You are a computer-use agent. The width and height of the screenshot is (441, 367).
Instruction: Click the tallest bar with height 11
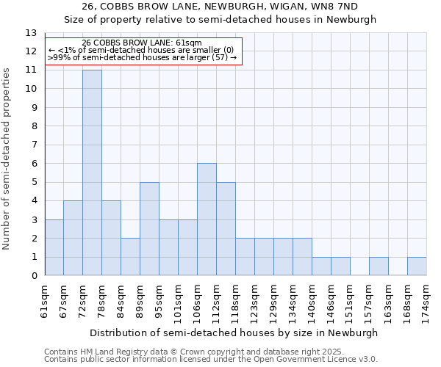point(92,172)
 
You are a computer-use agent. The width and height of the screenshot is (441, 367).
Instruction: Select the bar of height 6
point(207,219)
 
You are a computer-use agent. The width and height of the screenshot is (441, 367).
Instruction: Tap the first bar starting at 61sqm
point(54,247)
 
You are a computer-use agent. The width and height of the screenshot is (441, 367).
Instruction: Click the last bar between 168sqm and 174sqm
point(417,266)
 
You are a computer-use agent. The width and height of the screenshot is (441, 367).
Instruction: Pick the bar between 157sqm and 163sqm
point(379,266)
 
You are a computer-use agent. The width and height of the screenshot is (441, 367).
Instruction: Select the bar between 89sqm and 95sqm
point(149,229)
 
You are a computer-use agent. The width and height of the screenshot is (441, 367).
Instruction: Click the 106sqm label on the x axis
point(198,299)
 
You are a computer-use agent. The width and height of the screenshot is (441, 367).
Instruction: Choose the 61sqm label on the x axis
point(45,298)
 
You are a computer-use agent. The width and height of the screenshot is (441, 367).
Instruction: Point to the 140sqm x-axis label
point(312,299)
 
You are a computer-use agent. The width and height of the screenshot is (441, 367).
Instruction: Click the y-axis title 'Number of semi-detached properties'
point(7,159)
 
